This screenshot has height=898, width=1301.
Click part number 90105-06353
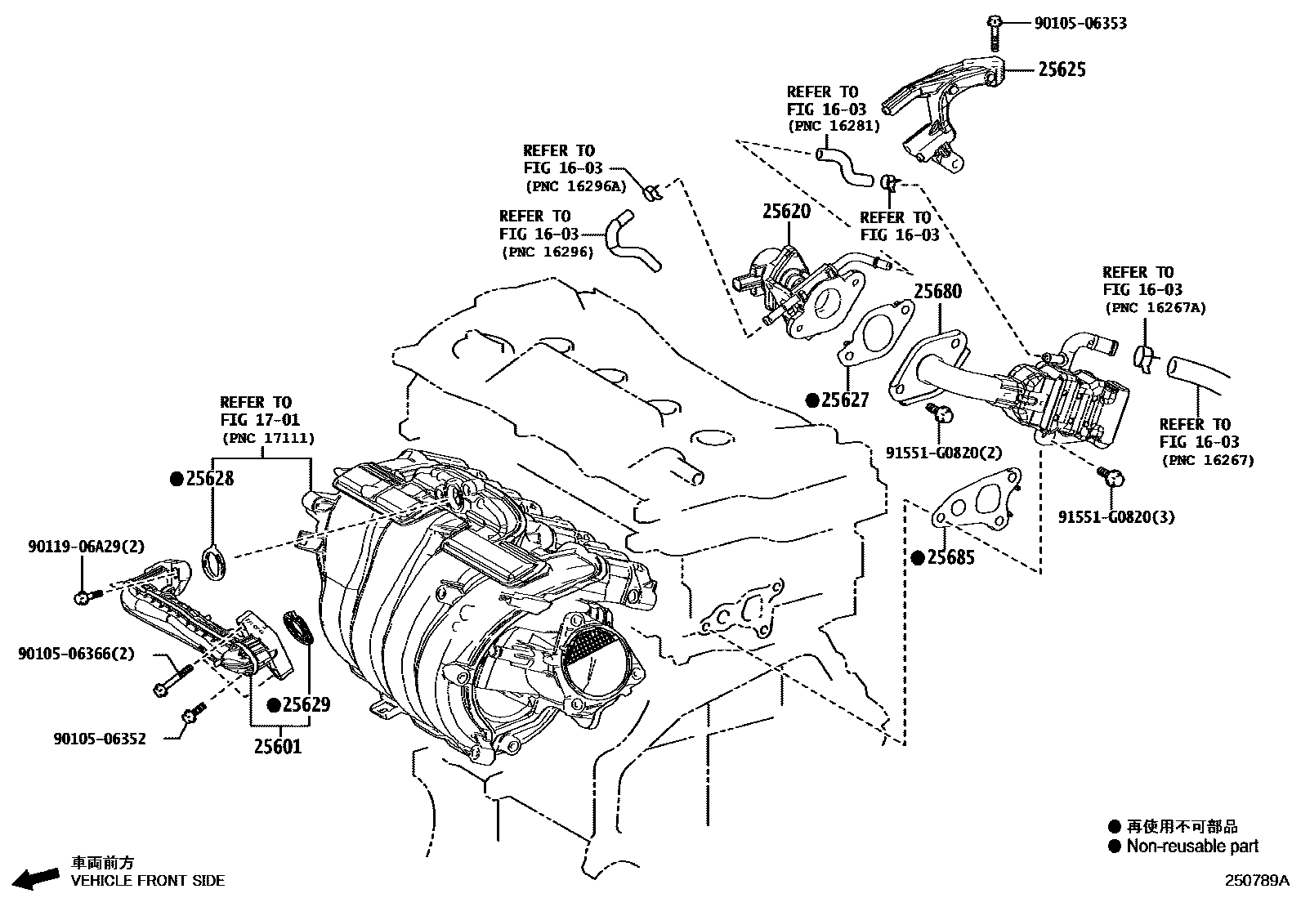(x=1080, y=24)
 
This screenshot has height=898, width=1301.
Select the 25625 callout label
(x=1062, y=70)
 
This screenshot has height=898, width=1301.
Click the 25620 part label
(x=786, y=212)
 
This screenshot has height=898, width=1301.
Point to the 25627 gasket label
(x=845, y=400)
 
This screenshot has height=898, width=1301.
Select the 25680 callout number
(x=937, y=292)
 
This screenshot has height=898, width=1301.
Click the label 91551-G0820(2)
(x=943, y=453)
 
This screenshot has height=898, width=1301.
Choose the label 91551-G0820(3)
(x=1116, y=517)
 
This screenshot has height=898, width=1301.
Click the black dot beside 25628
(x=176, y=480)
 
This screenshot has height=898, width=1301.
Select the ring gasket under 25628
(x=215, y=564)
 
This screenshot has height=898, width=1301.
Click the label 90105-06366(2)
(x=76, y=654)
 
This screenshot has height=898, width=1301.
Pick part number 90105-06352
(x=100, y=739)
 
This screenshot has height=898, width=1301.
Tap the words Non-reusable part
(x=1192, y=847)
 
